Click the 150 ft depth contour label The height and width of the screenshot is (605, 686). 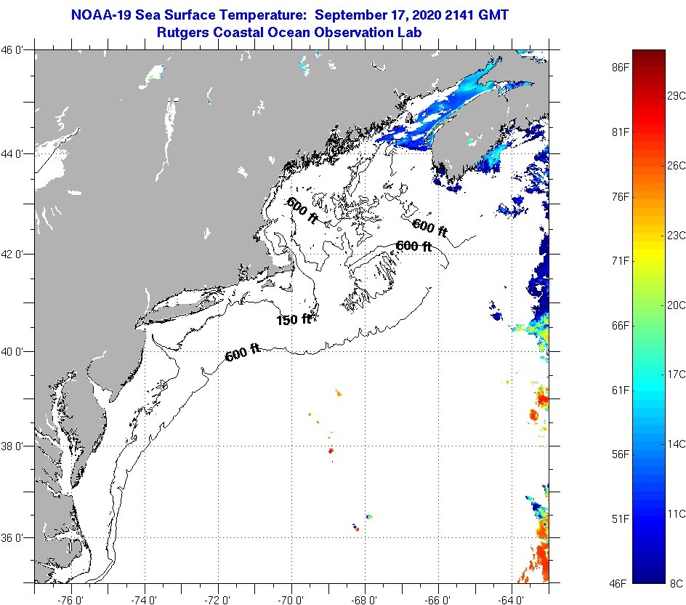click(x=294, y=319)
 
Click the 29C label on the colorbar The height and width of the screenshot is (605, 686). click(x=677, y=96)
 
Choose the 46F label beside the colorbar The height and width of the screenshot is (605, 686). click(x=618, y=582)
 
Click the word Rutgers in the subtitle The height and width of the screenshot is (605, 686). click(x=182, y=32)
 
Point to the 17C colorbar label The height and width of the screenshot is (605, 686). click(x=677, y=374)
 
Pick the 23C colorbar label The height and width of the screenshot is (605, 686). click(x=677, y=235)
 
